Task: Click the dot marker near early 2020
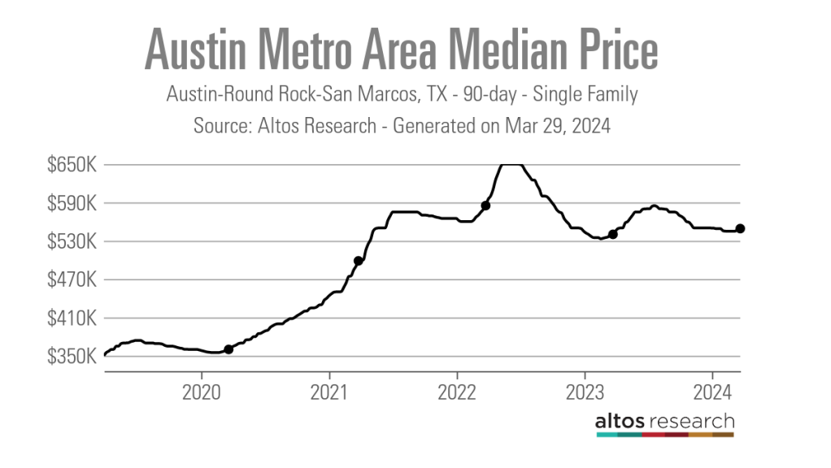pyautogui.click(x=228, y=349)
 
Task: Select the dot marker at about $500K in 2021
pyautogui.click(x=358, y=261)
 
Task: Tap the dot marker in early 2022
pyautogui.click(x=485, y=206)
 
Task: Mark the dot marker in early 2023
pyautogui.click(x=613, y=234)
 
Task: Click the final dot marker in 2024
pyautogui.click(x=741, y=228)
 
